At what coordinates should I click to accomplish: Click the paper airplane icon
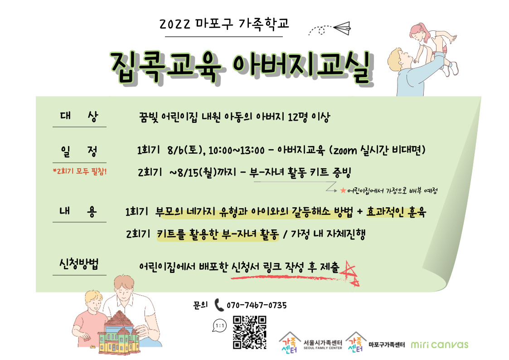(342, 28)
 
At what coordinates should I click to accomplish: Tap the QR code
(250, 332)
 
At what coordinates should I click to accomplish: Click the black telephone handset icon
(219, 305)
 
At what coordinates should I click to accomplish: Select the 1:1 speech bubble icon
(220, 325)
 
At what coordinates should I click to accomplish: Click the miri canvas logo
(440, 345)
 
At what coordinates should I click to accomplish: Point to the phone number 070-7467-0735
(257, 305)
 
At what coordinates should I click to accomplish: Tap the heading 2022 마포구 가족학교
(224, 24)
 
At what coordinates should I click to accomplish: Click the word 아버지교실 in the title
(303, 67)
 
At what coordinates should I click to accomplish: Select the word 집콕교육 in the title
(165, 67)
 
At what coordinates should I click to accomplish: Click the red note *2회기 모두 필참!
(80, 171)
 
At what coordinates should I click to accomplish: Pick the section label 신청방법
(79, 264)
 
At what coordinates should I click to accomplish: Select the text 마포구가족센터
(387, 345)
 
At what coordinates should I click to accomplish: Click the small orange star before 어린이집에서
(343, 190)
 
